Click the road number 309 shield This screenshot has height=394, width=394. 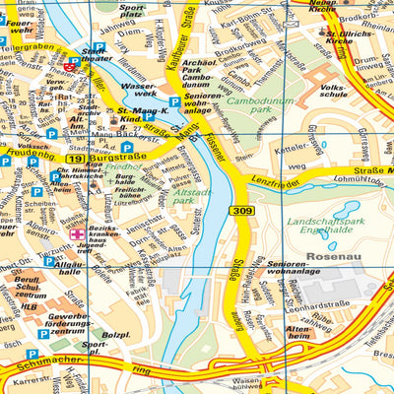[x=243, y=211]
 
